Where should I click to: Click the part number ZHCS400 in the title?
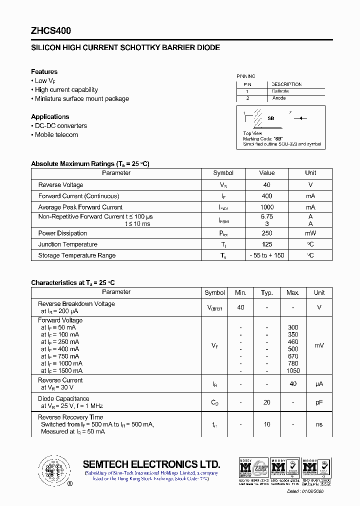[x=51, y=30]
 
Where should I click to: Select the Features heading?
[x=44, y=71]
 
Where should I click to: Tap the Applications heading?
[x=50, y=116]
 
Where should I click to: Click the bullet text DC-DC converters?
[x=60, y=125]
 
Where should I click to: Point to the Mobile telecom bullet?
[x=56, y=134]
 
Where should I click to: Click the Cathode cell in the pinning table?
[x=280, y=91]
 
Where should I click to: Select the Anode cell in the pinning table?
[x=279, y=98]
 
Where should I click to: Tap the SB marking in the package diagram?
[x=271, y=118]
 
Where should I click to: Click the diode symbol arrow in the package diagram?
[x=300, y=118]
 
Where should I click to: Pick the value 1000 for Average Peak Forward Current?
[x=267, y=207]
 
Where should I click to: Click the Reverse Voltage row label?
[x=60, y=185]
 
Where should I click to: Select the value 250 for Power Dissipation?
[x=267, y=233]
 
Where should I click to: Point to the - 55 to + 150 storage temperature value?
[x=267, y=255]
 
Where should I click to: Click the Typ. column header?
[x=267, y=292]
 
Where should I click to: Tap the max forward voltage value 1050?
[x=293, y=370]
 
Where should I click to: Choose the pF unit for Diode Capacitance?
[x=319, y=402]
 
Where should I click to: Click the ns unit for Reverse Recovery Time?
[x=319, y=424]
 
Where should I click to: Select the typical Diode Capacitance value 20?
[x=267, y=402]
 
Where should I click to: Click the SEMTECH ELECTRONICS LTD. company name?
[x=151, y=464]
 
